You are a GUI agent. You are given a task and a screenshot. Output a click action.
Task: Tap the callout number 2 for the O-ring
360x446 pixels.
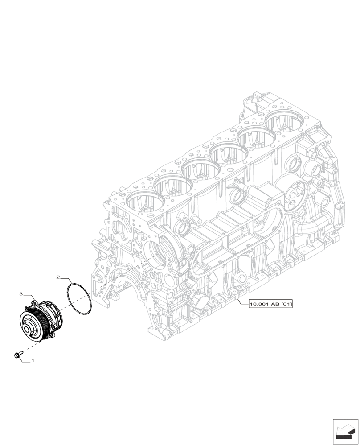click(58, 277)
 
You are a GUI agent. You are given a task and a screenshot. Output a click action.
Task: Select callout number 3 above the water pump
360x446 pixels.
click(21, 294)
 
